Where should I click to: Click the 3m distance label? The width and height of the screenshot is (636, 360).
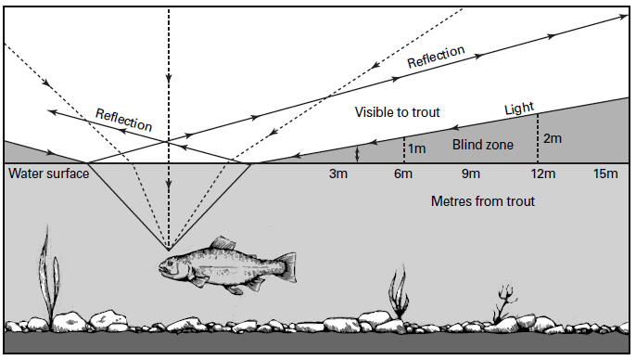(340, 174)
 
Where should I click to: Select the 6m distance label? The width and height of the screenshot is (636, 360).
(403, 174)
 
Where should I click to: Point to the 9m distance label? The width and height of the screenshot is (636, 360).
(471, 174)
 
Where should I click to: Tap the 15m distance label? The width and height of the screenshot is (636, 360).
(604, 174)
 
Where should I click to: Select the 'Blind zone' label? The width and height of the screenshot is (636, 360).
(482, 145)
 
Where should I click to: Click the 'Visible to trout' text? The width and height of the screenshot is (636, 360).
(397, 112)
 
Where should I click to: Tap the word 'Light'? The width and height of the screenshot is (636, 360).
(519, 109)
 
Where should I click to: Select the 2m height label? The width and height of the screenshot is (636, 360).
(553, 139)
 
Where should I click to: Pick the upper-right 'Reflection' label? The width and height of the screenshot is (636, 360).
(435, 58)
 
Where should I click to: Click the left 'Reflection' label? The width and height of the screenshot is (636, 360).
(123, 118)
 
